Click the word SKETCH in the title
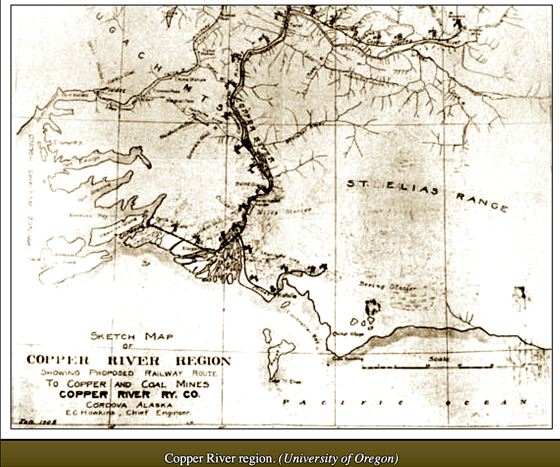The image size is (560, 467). [113, 336]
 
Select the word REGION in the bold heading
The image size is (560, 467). [203, 361]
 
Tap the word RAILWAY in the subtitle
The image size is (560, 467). [163, 373]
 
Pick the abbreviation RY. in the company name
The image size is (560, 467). [169, 395]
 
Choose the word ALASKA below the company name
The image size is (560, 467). [154, 405]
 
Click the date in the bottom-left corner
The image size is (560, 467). [38, 422]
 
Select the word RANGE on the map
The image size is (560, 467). [482, 202]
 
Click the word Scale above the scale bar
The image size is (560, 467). [439, 359]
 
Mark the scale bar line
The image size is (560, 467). [427, 367]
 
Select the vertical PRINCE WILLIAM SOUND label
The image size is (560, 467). [30, 190]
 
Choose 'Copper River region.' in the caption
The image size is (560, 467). [220, 458]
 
